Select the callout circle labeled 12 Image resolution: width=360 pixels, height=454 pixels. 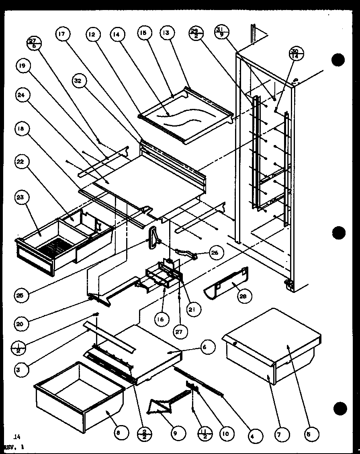tap(92, 34)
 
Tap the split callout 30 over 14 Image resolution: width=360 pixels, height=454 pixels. tap(295, 54)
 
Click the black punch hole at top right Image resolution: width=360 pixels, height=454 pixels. tap(338, 60)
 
